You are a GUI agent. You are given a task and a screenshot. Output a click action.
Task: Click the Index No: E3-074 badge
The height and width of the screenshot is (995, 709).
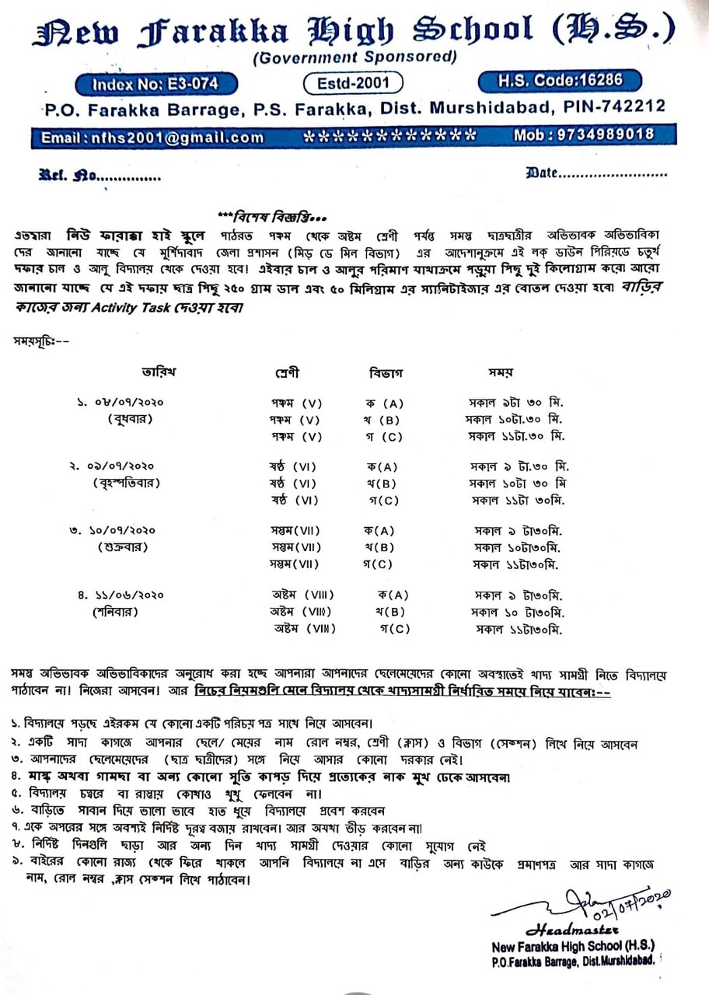155,83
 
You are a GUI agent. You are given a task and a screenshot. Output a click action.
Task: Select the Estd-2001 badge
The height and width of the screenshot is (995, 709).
354,82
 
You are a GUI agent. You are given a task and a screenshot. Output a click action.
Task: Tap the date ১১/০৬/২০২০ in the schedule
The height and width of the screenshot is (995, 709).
124,595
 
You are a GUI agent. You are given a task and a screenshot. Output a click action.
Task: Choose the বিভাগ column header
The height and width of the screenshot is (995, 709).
384,372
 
